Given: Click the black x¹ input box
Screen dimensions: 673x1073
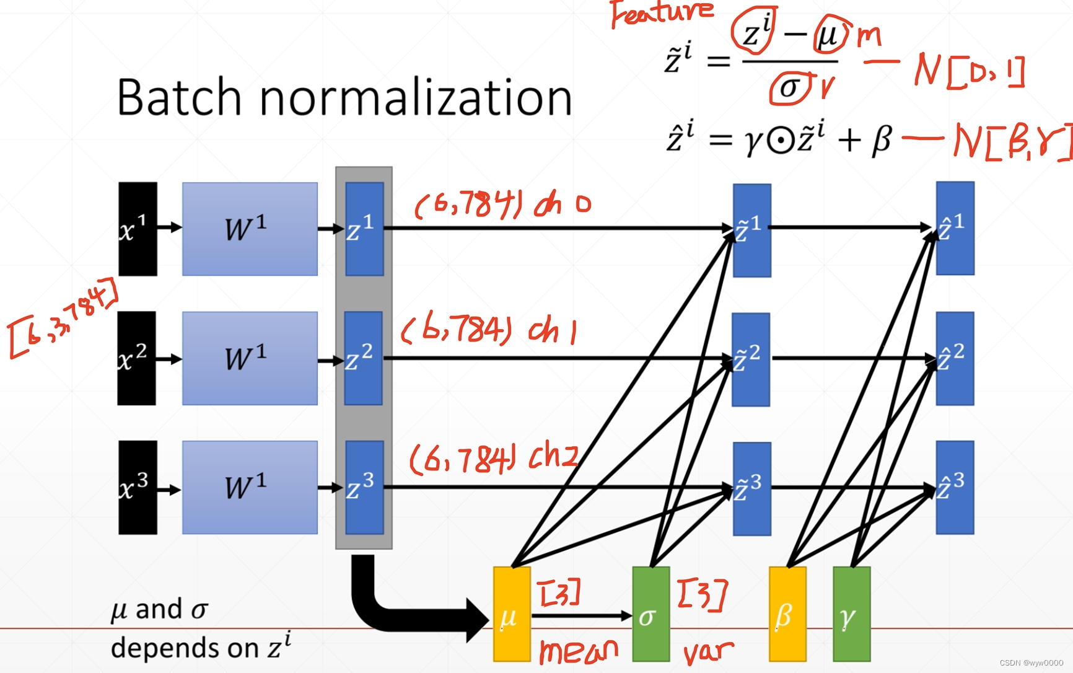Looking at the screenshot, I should point(138,229).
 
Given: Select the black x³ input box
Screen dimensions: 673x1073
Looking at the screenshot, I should point(138,488).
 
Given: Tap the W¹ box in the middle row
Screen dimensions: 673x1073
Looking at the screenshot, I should point(250,358).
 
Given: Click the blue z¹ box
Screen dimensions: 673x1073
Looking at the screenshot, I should point(364,229).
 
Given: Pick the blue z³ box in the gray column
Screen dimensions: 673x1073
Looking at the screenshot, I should point(364,488).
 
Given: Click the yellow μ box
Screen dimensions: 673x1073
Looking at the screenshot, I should point(512,614).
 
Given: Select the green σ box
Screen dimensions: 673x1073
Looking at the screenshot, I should point(650,614).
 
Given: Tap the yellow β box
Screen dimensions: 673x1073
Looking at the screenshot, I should point(787,614).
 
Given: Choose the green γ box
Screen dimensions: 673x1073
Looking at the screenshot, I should point(851,614).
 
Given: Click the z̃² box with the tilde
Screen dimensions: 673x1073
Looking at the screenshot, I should point(751,359).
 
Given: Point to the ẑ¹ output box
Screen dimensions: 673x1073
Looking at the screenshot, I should point(955,228).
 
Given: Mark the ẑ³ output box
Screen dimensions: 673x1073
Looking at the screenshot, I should point(955,488).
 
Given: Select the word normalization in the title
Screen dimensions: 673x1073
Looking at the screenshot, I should point(416,97).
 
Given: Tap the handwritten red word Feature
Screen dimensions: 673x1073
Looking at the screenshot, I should point(662,12).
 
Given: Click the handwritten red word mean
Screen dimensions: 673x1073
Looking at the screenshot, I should point(579,651).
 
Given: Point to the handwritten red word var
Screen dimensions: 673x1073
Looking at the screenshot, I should point(707,652).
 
